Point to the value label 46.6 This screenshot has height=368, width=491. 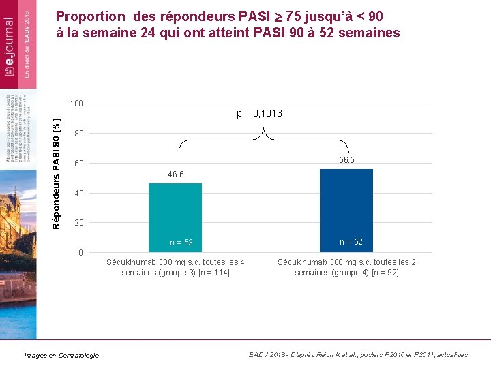(x=175, y=175)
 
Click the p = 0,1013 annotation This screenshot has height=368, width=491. (x=259, y=113)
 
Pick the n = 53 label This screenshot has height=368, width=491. (x=181, y=243)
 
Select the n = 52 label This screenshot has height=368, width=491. (x=351, y=242)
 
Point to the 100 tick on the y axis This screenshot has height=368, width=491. (x=76, y=104)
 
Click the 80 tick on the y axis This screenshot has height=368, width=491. (x=79, y=134)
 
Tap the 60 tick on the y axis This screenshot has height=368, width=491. (x=79, y=164)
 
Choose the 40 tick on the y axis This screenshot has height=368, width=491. (x=79, y=194)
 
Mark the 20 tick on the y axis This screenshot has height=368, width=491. (x=79, y=224)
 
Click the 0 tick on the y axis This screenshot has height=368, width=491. (x=81, y=254)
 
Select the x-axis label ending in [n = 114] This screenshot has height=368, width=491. (x=175, y=267)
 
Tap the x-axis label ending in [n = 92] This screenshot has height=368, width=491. (x=346, y=267)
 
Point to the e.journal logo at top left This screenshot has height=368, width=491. (x=10, y=41)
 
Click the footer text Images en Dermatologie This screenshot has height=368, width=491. (x=61, y=355)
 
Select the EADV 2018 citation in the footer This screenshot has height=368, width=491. (x=358, y=354)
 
